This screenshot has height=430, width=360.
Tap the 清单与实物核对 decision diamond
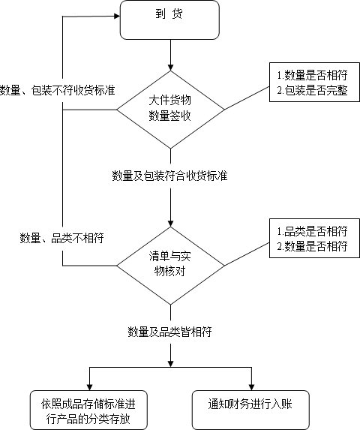(x=172, y=264)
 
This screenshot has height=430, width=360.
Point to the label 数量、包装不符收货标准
(x=58, y=90)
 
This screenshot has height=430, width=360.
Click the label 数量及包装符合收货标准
(x=170, y=176)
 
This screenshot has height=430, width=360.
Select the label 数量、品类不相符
(x=61, y=238)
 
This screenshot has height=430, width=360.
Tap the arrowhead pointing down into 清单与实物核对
(x=172, y=223)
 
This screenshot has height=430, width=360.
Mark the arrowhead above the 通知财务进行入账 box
(x=251, y=386)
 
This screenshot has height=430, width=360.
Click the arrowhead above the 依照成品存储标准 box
(x=89, y=386)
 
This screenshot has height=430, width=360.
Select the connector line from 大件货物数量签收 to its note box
(x=247, y=98)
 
